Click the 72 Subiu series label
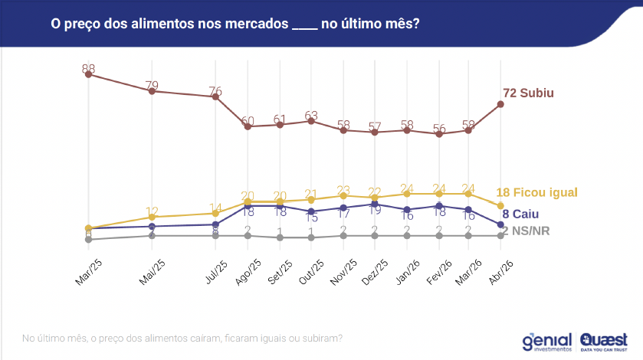click(x=528, y=93)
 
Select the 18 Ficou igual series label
click(x=536, y=192)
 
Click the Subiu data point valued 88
click(x=89, y=75)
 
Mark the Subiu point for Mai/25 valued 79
click(x=153, y=91)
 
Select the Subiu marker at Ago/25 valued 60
click(x=248, y=126)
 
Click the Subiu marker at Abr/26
click(x=500, y=104)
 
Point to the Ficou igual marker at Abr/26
click(x=500, y=207)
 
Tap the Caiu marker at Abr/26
click(x=500, y=224)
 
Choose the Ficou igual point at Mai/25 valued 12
click(x=153, y=217)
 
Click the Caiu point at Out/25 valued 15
click(x=311, y=211)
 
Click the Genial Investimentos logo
click(x=546, y=341)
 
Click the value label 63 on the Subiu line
click(x=311, y=116)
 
